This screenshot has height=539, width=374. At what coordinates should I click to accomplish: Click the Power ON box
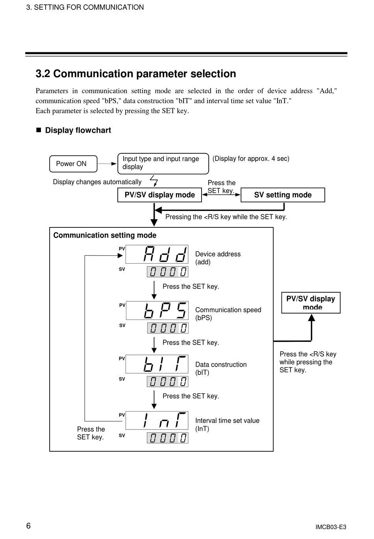(73, 164)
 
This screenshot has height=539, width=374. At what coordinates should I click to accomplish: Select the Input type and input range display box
(163, 163)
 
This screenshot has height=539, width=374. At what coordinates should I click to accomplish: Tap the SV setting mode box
(283, 195)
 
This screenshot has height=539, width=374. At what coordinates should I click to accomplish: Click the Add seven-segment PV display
(157, 254)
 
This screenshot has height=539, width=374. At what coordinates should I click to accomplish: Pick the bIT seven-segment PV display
(157, 364)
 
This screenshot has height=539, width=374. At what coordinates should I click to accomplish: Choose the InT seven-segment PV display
(157, 420)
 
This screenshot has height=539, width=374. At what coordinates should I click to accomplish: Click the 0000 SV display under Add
(168, 272)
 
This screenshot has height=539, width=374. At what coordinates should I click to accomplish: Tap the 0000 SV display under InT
(168, 438)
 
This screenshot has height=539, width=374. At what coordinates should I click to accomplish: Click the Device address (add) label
(218, 258)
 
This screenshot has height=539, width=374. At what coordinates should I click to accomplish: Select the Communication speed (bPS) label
(228, 314)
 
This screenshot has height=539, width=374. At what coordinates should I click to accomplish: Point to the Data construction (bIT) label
(221, 368)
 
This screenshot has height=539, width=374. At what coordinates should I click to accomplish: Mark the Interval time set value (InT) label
(227, 425)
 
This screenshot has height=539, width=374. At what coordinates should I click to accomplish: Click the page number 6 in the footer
(28, 526)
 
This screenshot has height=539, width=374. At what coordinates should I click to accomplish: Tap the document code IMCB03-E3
(331, 527)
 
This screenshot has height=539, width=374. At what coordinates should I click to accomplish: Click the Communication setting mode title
(105, 235)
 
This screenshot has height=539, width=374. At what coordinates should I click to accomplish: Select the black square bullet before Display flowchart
(39, 130)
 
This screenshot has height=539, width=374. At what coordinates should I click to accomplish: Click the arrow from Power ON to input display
(107, 164)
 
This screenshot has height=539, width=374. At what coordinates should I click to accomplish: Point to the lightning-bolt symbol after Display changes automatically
(154, 181)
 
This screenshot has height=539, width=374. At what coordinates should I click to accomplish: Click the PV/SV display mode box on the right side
(311, 303)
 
